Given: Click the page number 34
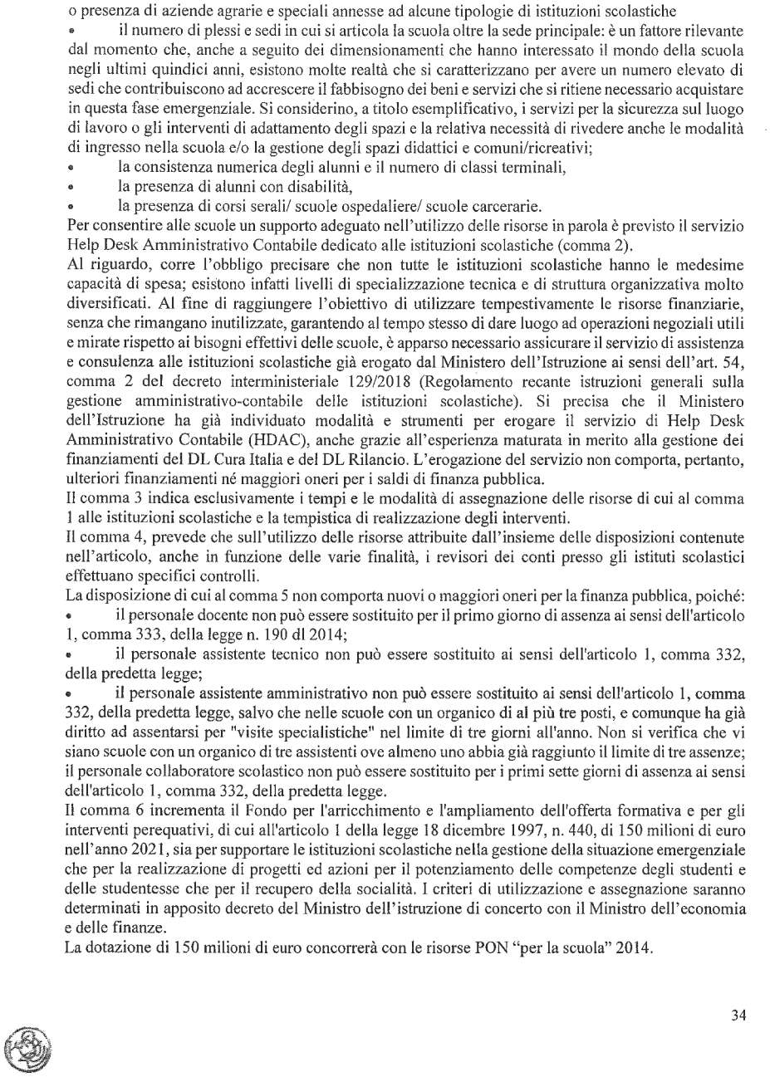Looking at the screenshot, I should [x=738, y=1015].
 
